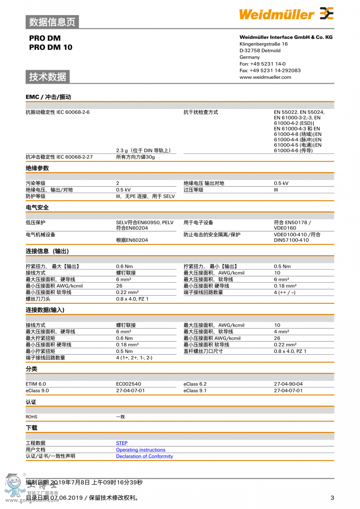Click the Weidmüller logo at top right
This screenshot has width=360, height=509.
coord(286,14)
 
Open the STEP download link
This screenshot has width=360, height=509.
coord(121,443)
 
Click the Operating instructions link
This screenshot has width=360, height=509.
coord(140,450)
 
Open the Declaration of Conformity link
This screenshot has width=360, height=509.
coord(144,456)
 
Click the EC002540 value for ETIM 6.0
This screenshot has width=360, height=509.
coord(128,384)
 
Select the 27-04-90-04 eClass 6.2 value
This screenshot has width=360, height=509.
coord(288,384)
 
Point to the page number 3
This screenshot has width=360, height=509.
coord(332,497)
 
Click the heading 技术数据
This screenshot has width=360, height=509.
coord(47,77)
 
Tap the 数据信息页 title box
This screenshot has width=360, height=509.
coord(52,22)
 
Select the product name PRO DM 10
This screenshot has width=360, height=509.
coord(50,47)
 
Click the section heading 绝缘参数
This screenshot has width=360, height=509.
coord(37,168)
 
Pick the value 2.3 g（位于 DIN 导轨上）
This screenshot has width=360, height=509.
coord(143,150)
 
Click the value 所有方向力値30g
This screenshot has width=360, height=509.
coord(135,157)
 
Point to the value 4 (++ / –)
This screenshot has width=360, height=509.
coord(284,292)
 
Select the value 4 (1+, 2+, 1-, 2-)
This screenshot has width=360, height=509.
coord(134,358)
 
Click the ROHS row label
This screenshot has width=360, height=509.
coord(31,417)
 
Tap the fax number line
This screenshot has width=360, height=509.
coord(270,70)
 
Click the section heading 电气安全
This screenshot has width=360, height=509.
coord(37,207)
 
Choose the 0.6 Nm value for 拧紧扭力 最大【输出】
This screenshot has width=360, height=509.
coord(124,266)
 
